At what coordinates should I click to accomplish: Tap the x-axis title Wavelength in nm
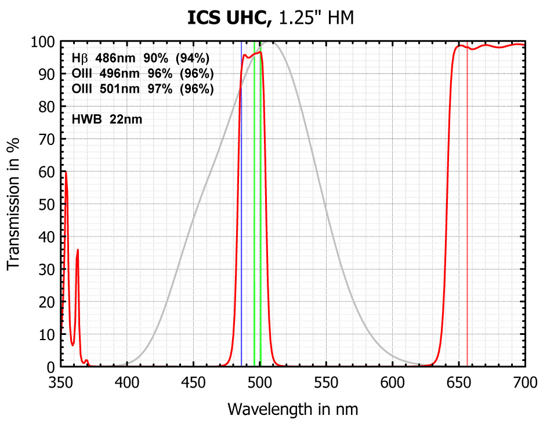point(293,409)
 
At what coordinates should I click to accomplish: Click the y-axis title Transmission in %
point(13,204)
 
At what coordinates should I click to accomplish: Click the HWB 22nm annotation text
point(107,120)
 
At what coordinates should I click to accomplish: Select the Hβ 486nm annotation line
point(140,59)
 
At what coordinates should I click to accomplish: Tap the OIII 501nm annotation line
point(142,89)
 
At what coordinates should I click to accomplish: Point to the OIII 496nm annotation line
point(142,74)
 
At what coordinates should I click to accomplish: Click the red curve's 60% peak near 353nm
point(66,172)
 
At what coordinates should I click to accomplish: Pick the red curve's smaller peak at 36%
point(78,250)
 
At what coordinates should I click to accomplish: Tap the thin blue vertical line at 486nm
point(241,232)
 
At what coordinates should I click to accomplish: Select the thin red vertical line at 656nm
point(467,232)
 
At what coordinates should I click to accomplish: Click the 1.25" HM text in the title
point(316,19)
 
